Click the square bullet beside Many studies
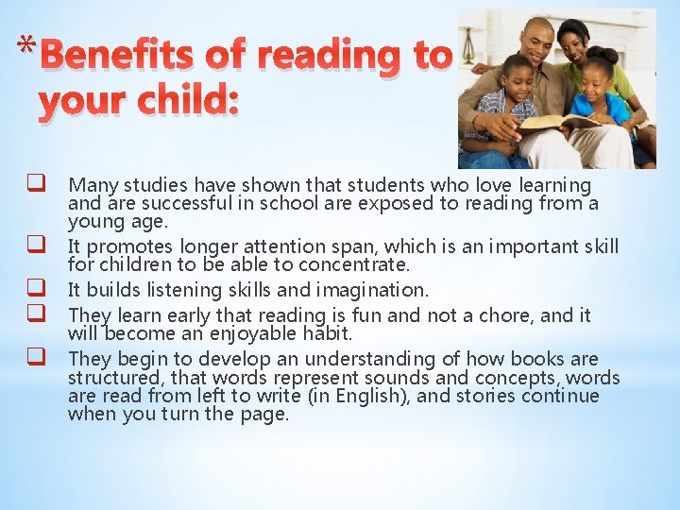click(x=39, y=185)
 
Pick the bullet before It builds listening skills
click(x=39, y=289)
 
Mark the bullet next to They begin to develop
click(x=39, y=359)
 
